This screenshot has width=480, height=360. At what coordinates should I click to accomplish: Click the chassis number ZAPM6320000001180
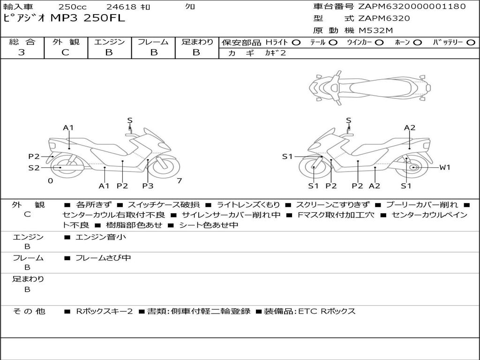pos(412,6)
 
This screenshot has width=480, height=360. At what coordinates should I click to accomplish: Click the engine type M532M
pos(375,30)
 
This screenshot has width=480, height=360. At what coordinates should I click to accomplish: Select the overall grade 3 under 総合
pos(22,52)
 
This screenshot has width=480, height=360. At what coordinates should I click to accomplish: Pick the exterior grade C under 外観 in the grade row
pos(65,52)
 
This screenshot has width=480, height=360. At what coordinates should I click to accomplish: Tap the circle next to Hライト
pos(296,43)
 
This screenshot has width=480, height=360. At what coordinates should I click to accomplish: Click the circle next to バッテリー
pos(471,43)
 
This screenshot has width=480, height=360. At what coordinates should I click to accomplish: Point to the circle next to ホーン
pos(417,43)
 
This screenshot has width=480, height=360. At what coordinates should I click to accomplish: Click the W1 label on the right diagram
pos(444,167)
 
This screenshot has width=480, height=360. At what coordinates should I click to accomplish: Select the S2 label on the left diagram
pos(34,168)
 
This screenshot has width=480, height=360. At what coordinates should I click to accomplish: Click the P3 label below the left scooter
pos(148,186)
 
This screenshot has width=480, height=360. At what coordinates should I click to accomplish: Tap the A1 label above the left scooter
pos(68,127)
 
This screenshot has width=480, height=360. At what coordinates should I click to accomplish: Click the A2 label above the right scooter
pos(410,127)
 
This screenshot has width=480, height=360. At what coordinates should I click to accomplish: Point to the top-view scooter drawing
pos(370,88)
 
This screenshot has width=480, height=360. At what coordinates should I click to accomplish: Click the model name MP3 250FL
pos(88,18)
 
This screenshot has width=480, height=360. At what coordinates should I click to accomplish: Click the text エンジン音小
pos(101,237)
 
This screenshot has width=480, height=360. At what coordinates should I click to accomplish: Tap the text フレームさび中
pos(103,258)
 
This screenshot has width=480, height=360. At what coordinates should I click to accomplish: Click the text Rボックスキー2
pos(105,311)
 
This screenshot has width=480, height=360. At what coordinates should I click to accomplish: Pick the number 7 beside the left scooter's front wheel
pos(180,180)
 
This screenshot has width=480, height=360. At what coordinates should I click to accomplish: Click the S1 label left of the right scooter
pos(287,157)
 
